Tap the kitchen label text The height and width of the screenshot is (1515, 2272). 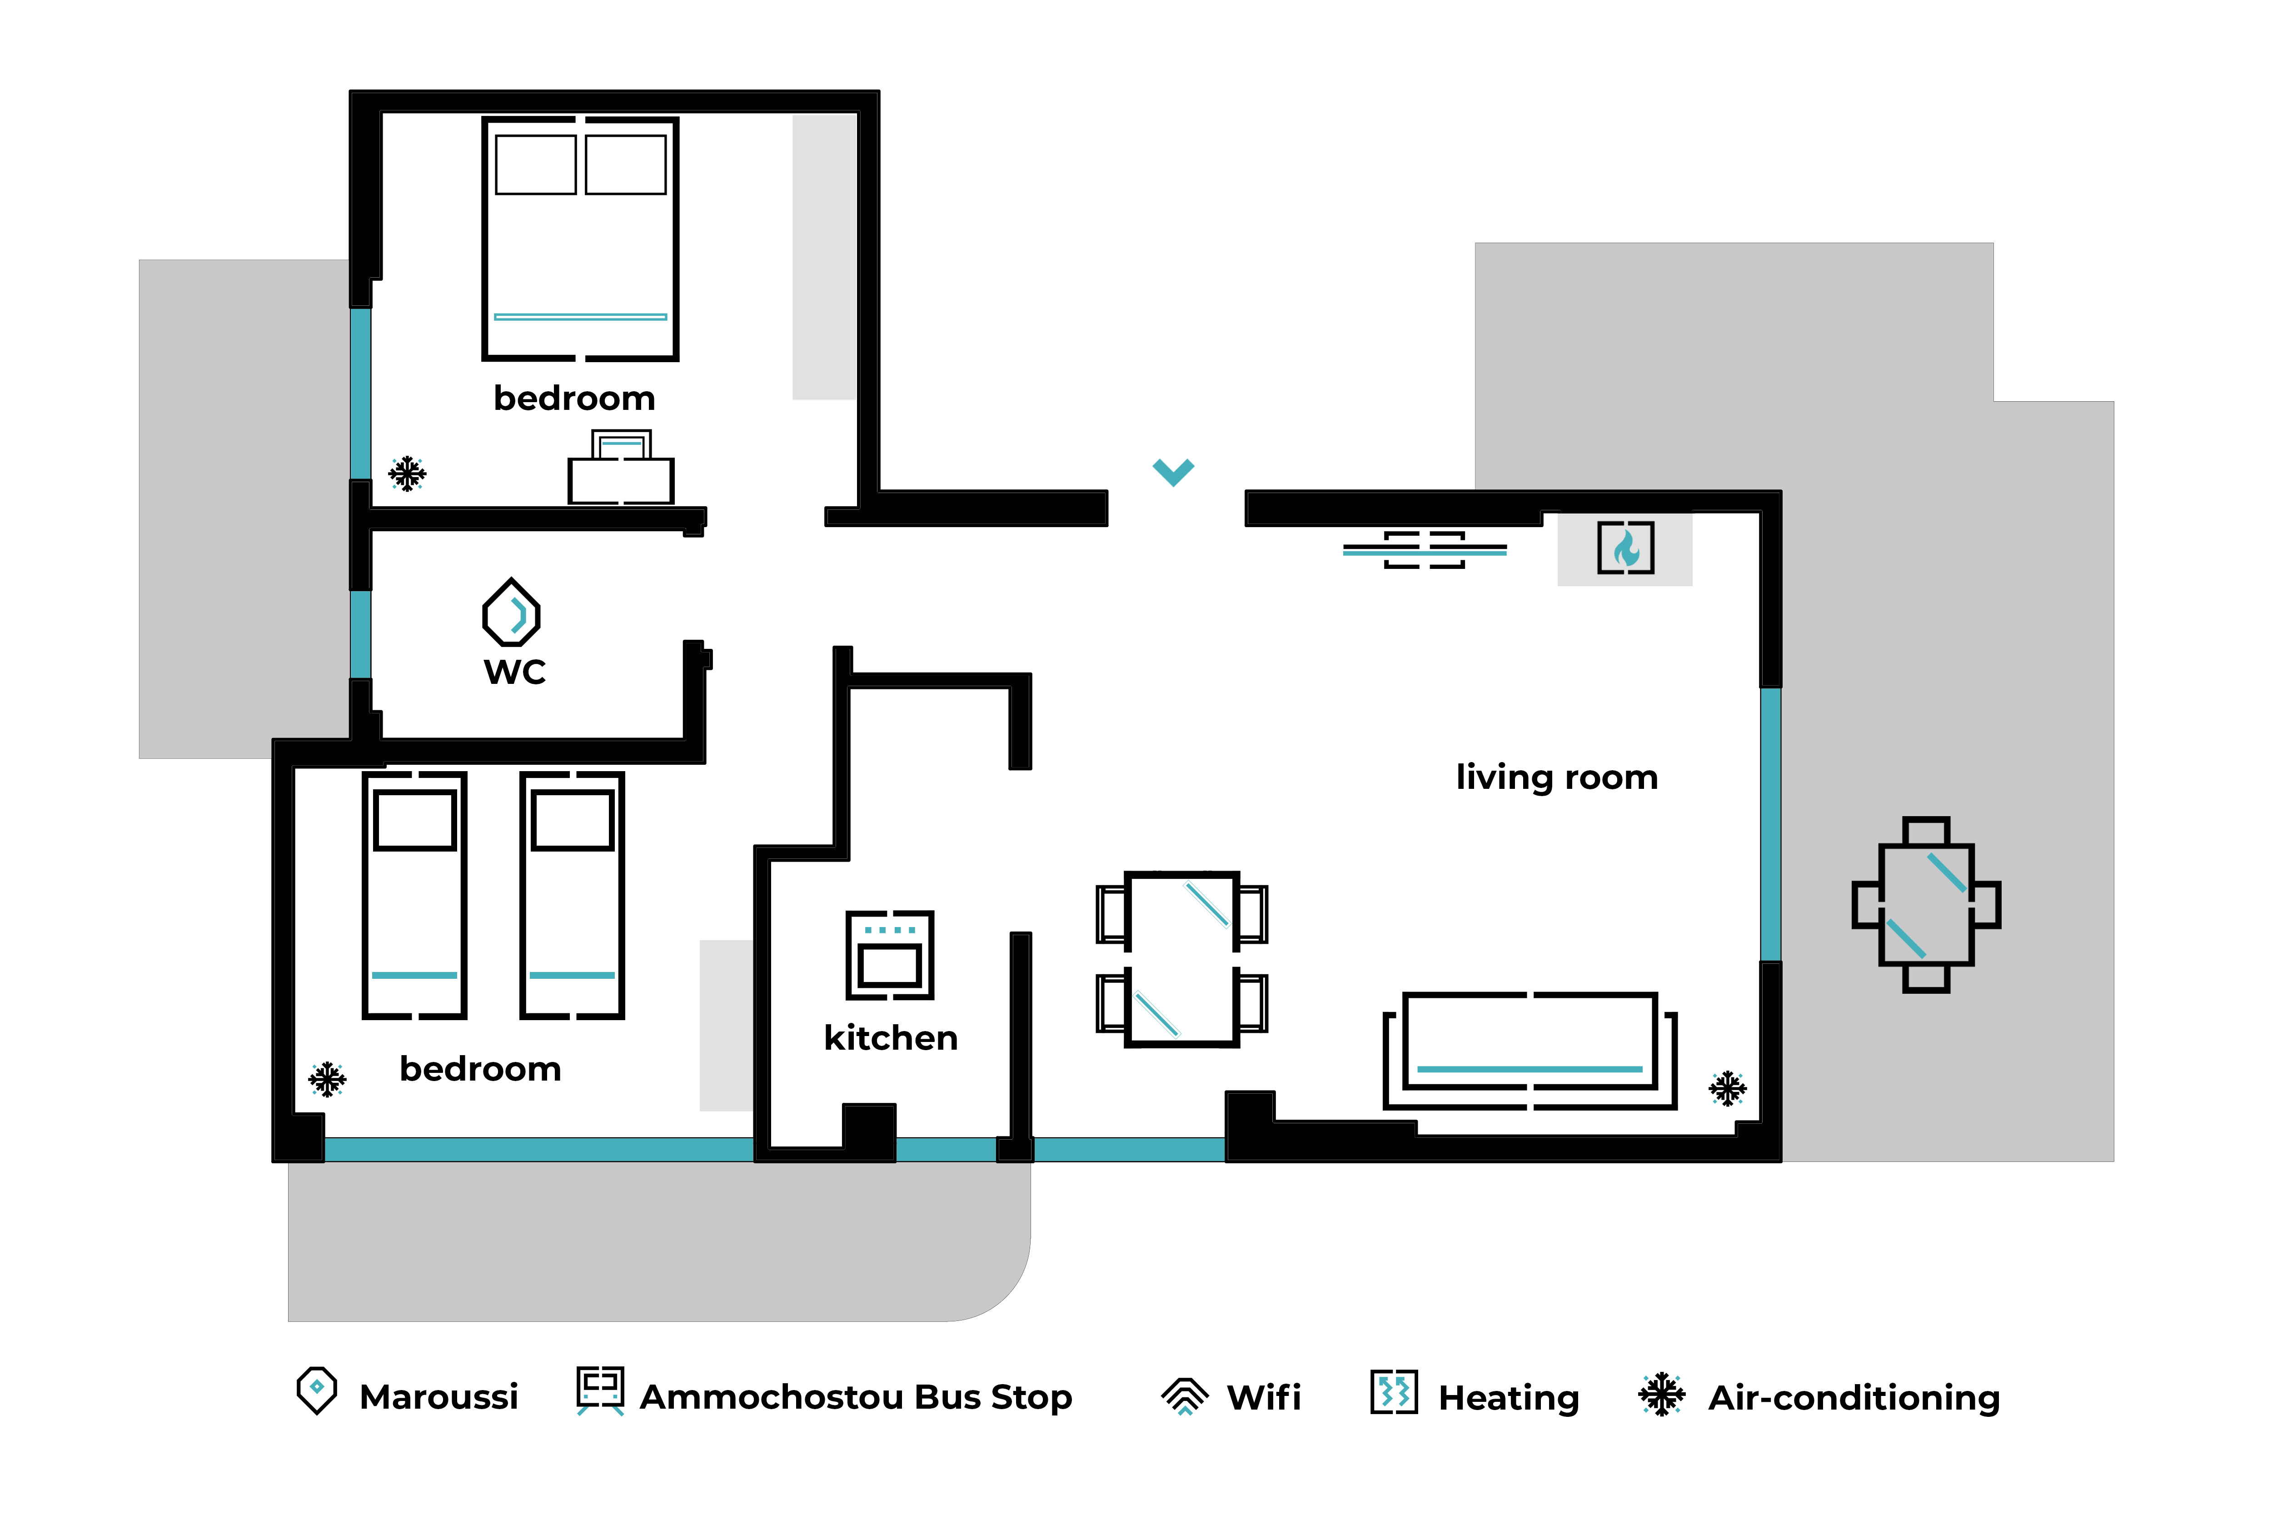891,1038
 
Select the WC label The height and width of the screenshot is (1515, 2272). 515,672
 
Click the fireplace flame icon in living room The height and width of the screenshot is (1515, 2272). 1626,548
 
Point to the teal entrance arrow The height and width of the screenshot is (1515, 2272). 1174,472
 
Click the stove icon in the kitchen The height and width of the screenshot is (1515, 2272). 890,955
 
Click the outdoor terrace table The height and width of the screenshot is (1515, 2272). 1926,905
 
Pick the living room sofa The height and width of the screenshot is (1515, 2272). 1530,1050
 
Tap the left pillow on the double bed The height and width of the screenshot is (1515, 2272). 536,164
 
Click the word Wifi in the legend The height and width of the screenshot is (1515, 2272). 1264,1397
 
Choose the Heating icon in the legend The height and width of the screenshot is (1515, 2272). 1394,1392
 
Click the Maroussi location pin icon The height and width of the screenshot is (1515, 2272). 317,1390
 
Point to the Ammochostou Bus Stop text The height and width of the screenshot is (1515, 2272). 856,1397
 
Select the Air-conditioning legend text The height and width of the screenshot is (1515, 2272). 1854,1398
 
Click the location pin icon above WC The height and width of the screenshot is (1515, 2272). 511,612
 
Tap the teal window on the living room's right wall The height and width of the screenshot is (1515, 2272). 1771,824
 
